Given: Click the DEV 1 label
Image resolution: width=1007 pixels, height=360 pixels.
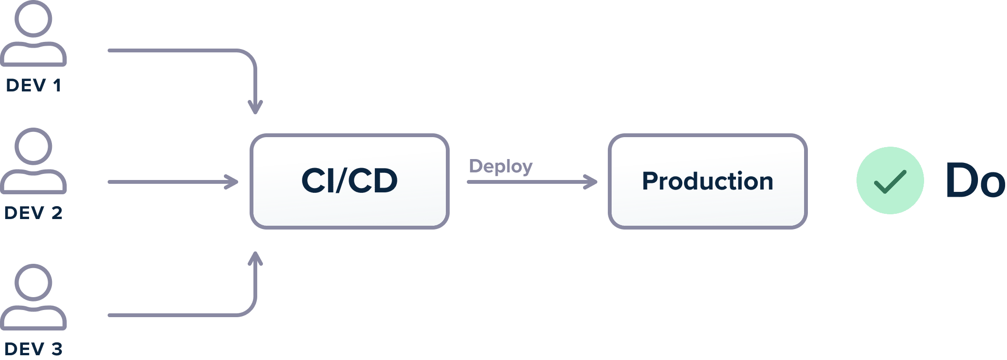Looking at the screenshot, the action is click(x=33, y=85).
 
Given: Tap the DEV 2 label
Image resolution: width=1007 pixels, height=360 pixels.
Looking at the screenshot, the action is click(x=33, y=213).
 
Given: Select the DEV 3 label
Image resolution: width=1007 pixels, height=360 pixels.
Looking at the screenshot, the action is click(x=33, y=349).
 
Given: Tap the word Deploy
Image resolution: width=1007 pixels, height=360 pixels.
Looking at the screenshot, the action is click(x=501, y=167).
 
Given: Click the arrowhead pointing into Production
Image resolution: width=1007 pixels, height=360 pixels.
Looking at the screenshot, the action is click(x=591, y=182).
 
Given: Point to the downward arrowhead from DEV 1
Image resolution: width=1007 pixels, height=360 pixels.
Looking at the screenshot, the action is click(x=255, y=107).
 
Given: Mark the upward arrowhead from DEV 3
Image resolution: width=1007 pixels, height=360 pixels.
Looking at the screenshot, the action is click(x=255, y=259).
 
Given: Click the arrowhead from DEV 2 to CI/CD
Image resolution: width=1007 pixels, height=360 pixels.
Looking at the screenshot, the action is click(x=232, y=182).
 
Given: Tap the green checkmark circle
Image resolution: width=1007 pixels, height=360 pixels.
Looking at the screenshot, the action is click(x=890, y=180).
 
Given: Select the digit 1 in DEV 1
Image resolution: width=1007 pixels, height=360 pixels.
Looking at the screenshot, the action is click(x=57, y=85).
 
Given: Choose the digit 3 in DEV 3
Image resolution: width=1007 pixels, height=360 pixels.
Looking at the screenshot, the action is click(x=57, y=349).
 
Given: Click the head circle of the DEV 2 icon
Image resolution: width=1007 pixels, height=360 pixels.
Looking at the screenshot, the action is click(x=33, y=146).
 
